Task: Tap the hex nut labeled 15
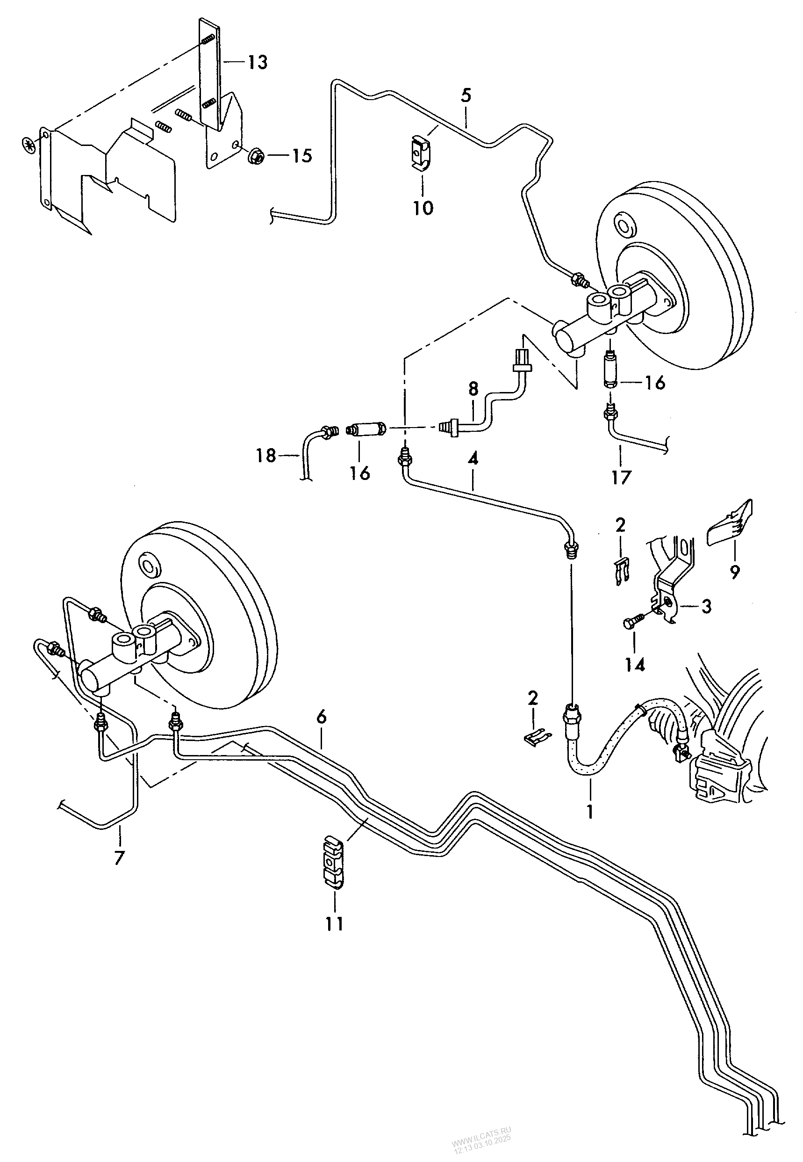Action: click(x=255, y=157)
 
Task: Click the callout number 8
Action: click(x=473, y=389)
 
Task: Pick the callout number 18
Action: click(x=266, y=456)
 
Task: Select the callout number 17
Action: click(x=621, y=476)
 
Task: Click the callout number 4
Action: click(x=473, y=458)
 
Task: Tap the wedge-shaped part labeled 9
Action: click(x=730, y=523)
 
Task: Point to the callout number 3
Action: click(x=706, y=607)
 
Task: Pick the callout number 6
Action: click(x=322, y=717)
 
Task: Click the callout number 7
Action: click(x=119, y=857)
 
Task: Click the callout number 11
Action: click(x=334, y=924)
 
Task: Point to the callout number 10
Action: click(x=423, y=207)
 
